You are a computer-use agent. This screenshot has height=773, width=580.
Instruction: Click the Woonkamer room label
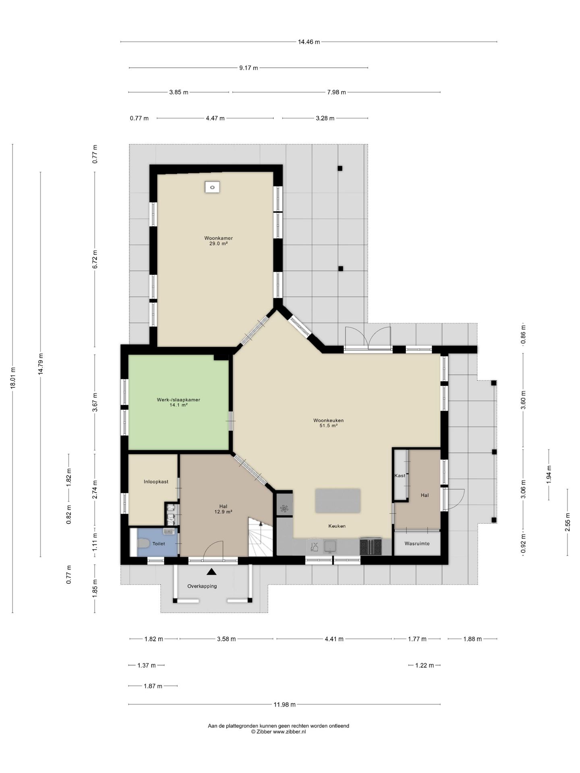(x=218, y=238)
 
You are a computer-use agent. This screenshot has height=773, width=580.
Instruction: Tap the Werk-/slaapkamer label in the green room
(x=178, y=400)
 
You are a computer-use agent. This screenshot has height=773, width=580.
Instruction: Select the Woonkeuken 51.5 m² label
(x=328, y=423)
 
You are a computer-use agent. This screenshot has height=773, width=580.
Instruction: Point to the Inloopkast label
(x=156, y=482)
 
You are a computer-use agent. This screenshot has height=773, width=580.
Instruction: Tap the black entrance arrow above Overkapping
(x=212, y=571)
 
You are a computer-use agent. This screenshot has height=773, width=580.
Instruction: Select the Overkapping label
(x=202, y=586)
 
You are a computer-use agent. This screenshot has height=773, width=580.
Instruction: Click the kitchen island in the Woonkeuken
(x=338, y=501)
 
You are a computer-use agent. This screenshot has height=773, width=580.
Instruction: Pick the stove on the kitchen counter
(x=371, y=547)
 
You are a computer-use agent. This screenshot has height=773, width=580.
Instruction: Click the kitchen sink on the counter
(x=330, y=546)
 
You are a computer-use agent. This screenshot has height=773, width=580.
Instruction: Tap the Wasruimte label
(x=417, y=544)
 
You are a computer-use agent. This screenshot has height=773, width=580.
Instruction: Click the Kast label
(x=400, y=475)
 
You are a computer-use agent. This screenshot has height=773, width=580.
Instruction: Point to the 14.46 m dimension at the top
(x=309, y=41)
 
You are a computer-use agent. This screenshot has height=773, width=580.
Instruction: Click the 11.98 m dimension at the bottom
(x=284, y=705)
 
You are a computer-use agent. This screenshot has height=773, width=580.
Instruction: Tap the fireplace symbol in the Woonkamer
(x=212, y=187)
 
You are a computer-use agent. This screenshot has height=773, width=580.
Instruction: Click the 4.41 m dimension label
(x=334, y=639)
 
